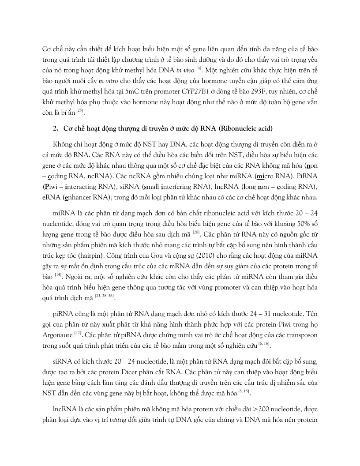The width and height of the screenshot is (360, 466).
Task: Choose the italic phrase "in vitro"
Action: (x=108, y=83)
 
